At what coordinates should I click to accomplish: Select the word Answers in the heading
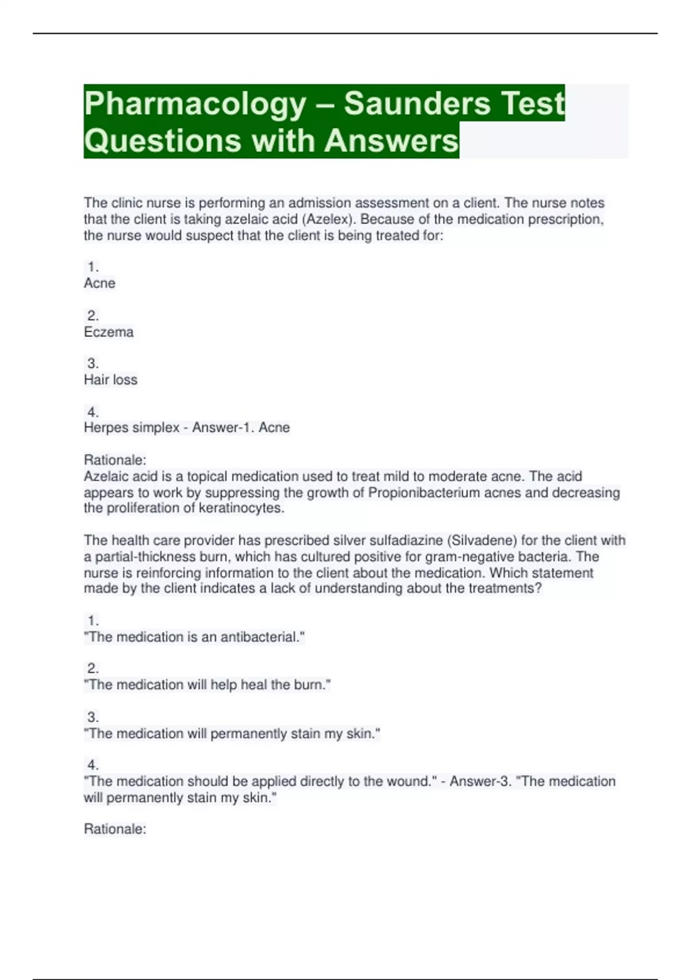point(392,141)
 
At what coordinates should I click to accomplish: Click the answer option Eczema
point(109,332)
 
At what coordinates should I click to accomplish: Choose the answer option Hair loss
point(111,380)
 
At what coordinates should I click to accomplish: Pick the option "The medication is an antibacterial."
point(194,637)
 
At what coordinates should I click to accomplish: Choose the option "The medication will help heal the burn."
point(207,685)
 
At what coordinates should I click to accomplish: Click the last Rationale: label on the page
point(115,829)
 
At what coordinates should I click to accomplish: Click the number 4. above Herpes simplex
point(93,412)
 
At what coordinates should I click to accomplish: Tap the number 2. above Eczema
point(93,316)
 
